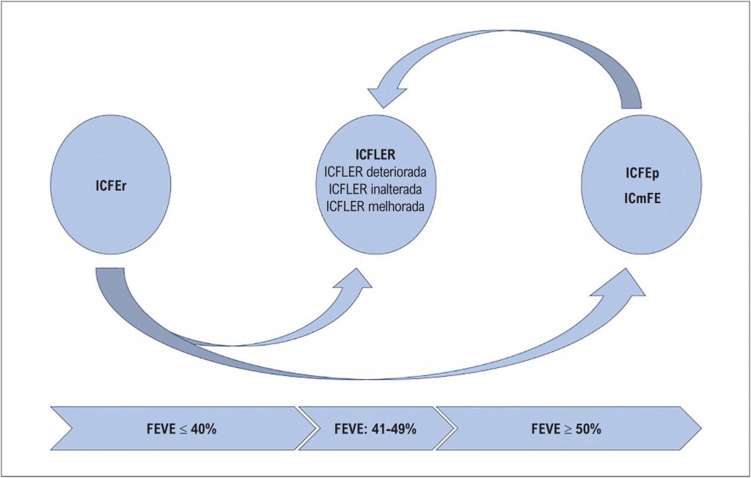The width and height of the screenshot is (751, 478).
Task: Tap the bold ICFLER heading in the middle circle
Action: tap(375, 156)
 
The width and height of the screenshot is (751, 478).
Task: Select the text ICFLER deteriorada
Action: tap(375, 173)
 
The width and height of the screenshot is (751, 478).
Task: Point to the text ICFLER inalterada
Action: tap(375, 190)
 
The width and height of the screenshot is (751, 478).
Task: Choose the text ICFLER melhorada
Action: tap(375, 207)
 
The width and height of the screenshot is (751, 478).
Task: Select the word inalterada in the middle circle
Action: tap(397, 190)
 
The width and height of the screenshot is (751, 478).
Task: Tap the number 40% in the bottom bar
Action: tap(202, 429)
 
